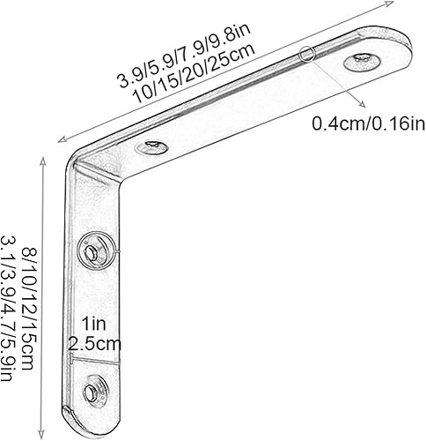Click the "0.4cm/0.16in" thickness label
[367, 123]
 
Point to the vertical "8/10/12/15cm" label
[31, 309]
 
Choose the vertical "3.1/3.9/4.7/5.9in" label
[11, 309]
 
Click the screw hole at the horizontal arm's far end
[362, 62]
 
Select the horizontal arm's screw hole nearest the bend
[153, 146]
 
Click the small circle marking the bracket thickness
[306, 55]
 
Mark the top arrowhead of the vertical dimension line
[44, 160]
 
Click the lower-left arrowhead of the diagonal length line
[59, 139]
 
